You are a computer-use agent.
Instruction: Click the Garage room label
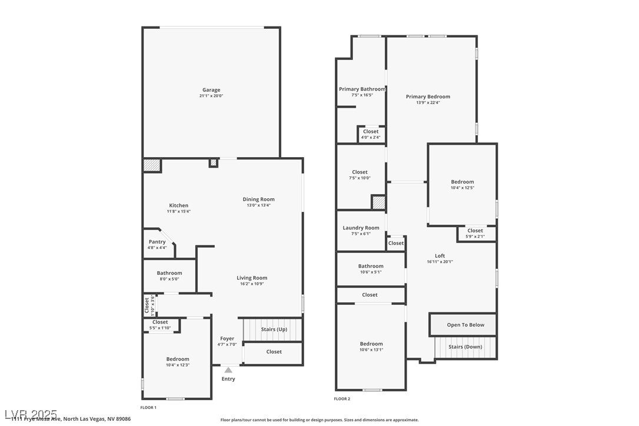(212, 90)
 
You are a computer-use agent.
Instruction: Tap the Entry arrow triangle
(228, 370)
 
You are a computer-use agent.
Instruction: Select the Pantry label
(157, 242)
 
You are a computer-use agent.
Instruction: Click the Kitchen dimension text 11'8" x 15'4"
(179, 211)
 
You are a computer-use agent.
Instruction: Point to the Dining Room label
(258, 199)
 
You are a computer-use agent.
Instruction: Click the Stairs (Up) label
(274, 330)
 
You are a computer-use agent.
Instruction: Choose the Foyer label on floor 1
(227, 338)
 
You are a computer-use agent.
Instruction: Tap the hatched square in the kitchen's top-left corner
(152, 165)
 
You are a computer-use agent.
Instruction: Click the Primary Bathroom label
(362, 89)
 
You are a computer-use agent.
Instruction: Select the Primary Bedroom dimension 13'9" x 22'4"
(428, 102)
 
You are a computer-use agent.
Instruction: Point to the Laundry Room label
(361, 228)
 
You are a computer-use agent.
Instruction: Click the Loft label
(440, 256)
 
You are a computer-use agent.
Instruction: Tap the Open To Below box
(465, 325)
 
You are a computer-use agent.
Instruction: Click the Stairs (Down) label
(465, 347)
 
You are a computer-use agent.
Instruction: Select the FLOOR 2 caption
(342, 399)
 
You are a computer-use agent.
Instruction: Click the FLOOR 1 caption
(148, 407)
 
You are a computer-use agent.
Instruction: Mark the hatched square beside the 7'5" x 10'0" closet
(378, 202)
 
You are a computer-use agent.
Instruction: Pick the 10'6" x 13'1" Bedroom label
(371, 344)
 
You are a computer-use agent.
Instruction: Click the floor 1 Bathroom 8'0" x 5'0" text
(169, 279)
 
